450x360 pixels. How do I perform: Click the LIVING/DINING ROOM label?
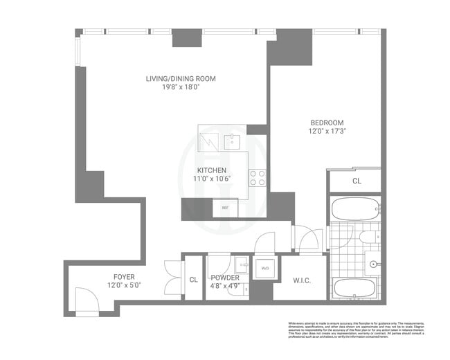[x=180, y=78]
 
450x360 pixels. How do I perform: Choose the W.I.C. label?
[x=300, y=280]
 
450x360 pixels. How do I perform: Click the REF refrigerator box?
[x=224, y=208]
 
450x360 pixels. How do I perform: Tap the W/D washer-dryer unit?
[x=264, y=269]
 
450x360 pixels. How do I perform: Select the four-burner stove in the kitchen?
[x=258, y=178]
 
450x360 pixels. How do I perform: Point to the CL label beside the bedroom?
[x=357, y=181]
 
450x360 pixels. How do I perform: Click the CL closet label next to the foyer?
[x=193, y=280]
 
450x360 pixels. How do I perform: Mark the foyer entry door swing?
[x=87, y=301]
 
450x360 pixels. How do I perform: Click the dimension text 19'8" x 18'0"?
[x=180, y=88]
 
